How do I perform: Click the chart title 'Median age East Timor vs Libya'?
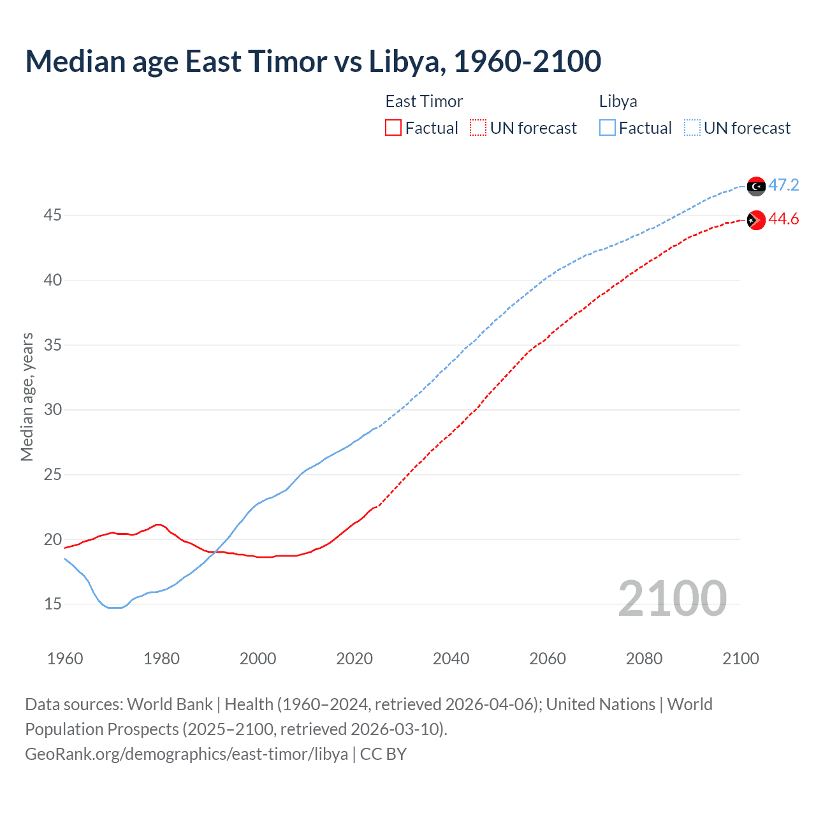(x=312, y=61)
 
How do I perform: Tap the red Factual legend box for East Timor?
(x=393, y=128)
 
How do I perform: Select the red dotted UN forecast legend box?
(x=478, y=128)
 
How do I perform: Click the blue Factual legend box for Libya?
(x=608, y=128)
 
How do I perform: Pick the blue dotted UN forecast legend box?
(x=692, y=128)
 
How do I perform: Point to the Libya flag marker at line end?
(x=756, y=186)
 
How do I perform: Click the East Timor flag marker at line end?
(x=756, y=220)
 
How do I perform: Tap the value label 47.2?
(x=783, y=186)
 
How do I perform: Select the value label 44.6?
(x=783, y=219)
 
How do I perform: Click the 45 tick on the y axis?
(x=52, y=215)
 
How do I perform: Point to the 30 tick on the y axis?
(x=52, y=409)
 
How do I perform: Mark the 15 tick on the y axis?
(x=52, y=604)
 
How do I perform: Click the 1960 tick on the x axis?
(x=65, y=659)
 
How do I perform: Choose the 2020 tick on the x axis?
(x=354, y=659)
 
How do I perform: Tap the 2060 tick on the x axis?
(x=548, y=659)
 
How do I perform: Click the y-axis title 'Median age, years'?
(x=27, y=397)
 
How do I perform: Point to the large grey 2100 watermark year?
(x=672, y=599)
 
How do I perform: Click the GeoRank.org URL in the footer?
(x=186, y=754)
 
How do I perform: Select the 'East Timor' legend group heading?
(x=424, y=102)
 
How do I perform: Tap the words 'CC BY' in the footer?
(x=383, y=754)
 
